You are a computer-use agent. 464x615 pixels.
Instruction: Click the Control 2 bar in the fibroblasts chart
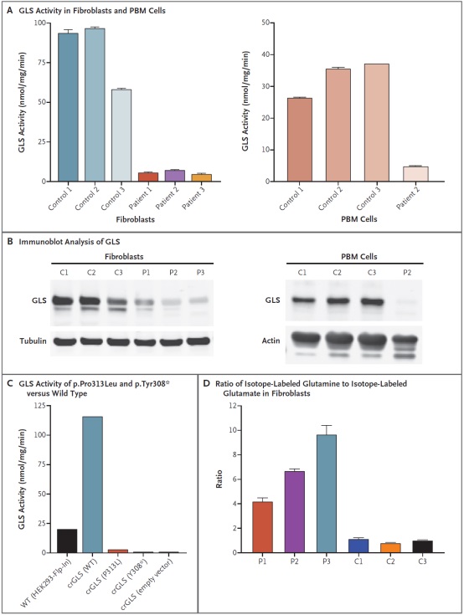click(95, 105)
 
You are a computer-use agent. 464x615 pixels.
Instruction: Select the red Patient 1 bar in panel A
click(148, 177)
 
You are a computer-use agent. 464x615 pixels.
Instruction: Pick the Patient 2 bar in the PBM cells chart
click(415, 174)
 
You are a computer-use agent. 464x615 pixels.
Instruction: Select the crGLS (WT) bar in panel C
click(93, 484)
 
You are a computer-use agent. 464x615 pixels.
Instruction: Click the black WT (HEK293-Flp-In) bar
click(67, 541)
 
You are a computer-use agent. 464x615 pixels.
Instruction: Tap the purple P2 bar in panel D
click(295, 512)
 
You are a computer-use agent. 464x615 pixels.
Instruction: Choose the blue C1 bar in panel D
click(358, 546)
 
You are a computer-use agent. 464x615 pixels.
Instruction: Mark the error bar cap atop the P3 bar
click(326, 426)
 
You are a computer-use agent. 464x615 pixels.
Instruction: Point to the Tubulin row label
click(33, 341)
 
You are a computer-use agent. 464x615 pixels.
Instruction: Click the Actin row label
click(271, 341)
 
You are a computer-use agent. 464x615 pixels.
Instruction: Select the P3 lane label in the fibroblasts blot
click(200, 273)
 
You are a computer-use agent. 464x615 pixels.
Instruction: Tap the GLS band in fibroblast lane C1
click(63, 301)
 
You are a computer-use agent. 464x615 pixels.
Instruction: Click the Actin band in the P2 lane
click(406, 340)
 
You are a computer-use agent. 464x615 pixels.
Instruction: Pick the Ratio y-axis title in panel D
click(219, 479)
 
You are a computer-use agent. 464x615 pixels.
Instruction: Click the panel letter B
click(10, 242)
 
